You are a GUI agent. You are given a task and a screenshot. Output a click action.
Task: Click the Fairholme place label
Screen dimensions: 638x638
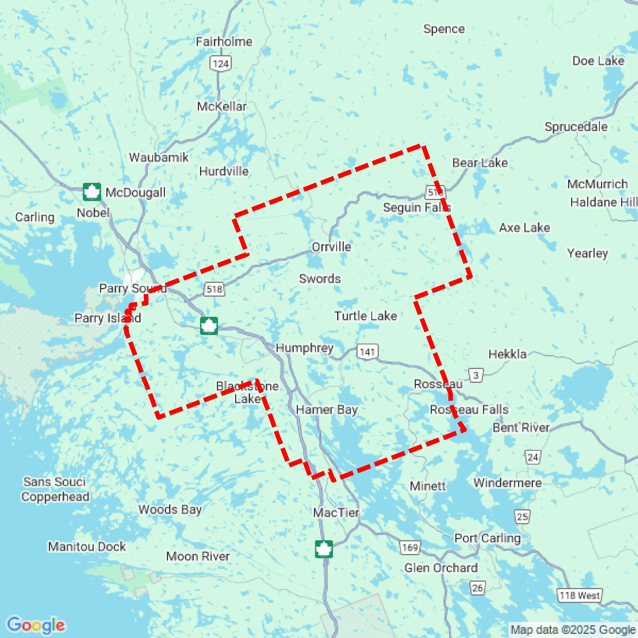[x=224, y=42]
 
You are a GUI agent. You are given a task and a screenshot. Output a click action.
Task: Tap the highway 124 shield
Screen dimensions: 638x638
[x=221, y=64]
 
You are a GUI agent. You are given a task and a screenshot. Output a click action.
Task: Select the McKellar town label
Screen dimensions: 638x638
[x=222, y=107]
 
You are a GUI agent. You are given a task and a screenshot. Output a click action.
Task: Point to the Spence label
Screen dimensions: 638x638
[x=444, y=29]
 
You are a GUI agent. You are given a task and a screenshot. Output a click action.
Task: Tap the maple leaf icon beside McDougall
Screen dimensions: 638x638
[x=91, y=192]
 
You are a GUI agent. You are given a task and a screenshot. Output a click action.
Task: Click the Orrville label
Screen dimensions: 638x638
[x=331, y=247]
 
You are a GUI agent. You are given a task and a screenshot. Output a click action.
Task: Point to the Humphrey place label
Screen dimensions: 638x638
[x=304, y=348]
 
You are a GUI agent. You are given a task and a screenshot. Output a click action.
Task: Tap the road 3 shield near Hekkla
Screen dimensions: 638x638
[x=476, y=375]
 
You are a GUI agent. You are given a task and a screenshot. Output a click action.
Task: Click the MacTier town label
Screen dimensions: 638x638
[x=336, y=513]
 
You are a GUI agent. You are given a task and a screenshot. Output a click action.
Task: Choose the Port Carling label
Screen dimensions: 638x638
[x=487, y=538]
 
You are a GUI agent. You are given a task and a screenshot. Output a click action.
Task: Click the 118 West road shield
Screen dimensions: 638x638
[x=579, y=595]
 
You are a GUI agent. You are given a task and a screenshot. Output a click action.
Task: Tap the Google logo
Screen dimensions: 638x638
[x=36, y=625]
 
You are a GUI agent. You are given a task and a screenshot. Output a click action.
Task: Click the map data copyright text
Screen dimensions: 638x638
[x=573, y=630]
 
